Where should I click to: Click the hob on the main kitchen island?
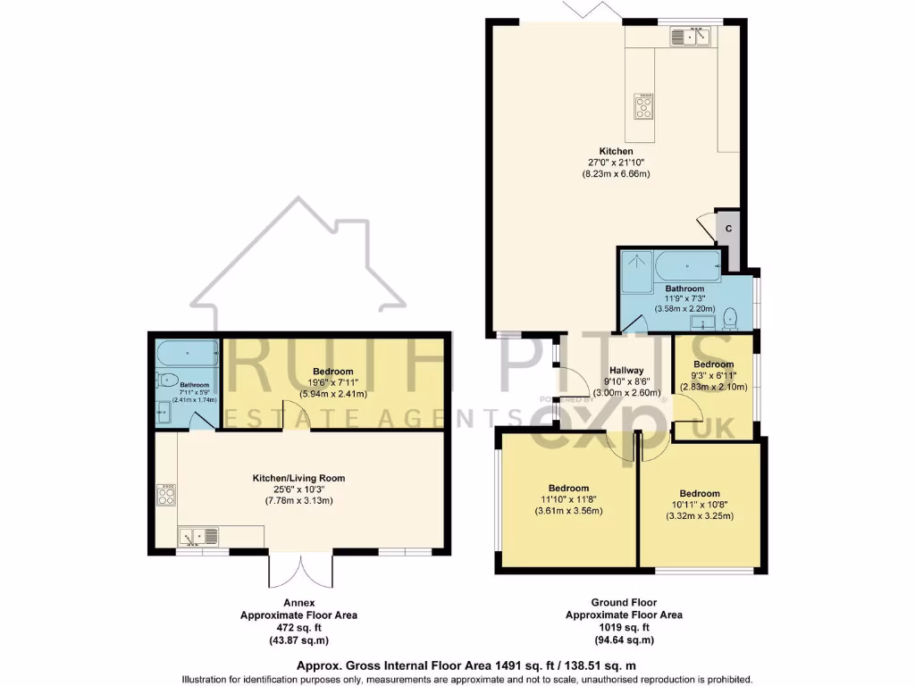click(642, 105)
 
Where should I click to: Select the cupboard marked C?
click(728, 229)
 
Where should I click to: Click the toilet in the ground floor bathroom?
click(731, 316)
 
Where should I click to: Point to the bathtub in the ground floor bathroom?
click(687, 265)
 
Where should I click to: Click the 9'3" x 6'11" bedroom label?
click(714, 364)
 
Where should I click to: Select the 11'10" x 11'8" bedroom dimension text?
click(568, 500)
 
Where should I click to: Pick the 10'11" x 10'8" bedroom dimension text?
click(699, 506)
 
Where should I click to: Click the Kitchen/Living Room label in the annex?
click(298, 478)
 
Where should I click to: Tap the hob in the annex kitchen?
click(166, 495)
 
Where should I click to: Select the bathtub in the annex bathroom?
click(187, 354)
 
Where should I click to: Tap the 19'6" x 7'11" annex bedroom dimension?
click(333, 383)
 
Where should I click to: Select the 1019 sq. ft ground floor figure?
click(624, 628)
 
